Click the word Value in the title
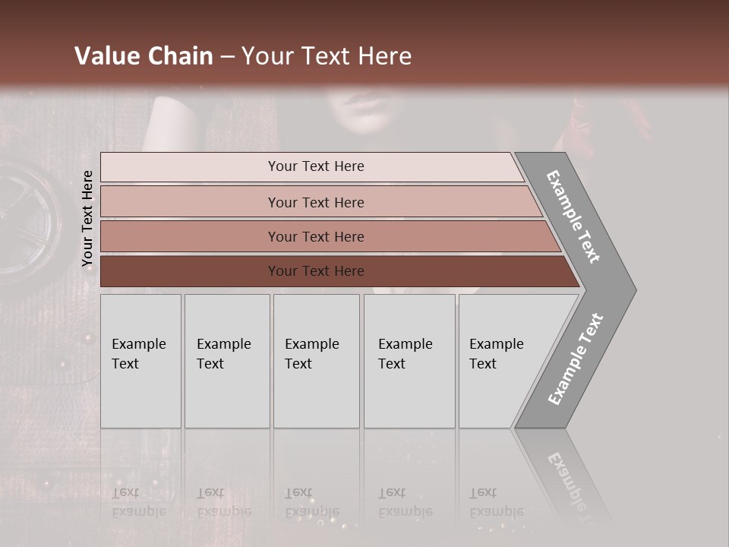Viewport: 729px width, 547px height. click(x=106, y=56)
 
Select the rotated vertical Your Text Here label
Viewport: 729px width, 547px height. click(x=87, y=219)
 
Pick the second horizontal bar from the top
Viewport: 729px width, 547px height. click(x=315, y=202)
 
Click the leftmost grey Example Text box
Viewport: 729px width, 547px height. click(x=140, y=361)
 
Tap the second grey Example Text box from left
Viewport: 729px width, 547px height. click(x=227, y=361)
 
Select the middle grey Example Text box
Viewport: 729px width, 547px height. click(x=316, y=361)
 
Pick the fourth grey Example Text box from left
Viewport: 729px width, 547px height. click(x=409, y=361)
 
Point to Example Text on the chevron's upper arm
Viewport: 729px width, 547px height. click(x=573, y=217)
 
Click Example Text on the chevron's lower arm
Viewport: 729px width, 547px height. click(x=576, y=359)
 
